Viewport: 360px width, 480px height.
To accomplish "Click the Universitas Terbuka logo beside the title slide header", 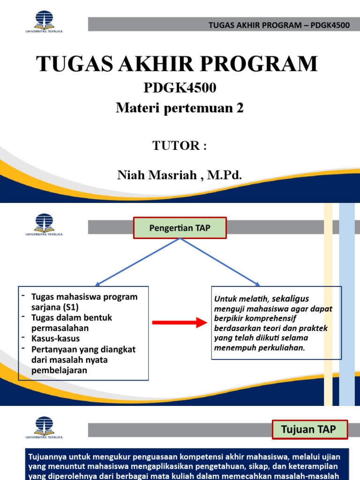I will (x=44, y=22).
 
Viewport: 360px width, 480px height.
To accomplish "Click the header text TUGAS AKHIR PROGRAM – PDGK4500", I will (x=279, y=25).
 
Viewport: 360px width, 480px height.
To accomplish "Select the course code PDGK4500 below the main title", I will (x=180, y=88).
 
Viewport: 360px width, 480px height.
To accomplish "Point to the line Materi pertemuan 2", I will (x=180, y=108).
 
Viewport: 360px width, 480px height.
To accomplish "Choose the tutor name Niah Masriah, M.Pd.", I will (x=180, y=176).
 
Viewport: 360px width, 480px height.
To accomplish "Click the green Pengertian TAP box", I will (x=180, y=228).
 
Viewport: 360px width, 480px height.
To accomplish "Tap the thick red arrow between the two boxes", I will (x=179, y=322).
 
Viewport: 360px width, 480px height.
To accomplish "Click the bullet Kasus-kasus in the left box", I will (x=55, y=338).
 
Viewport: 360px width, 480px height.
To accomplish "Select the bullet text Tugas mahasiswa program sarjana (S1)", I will (x=84, y=302).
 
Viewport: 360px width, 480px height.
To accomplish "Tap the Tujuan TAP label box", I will (x=308, y=429).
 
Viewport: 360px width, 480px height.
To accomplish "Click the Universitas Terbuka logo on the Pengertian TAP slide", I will (x=44, y=225).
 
